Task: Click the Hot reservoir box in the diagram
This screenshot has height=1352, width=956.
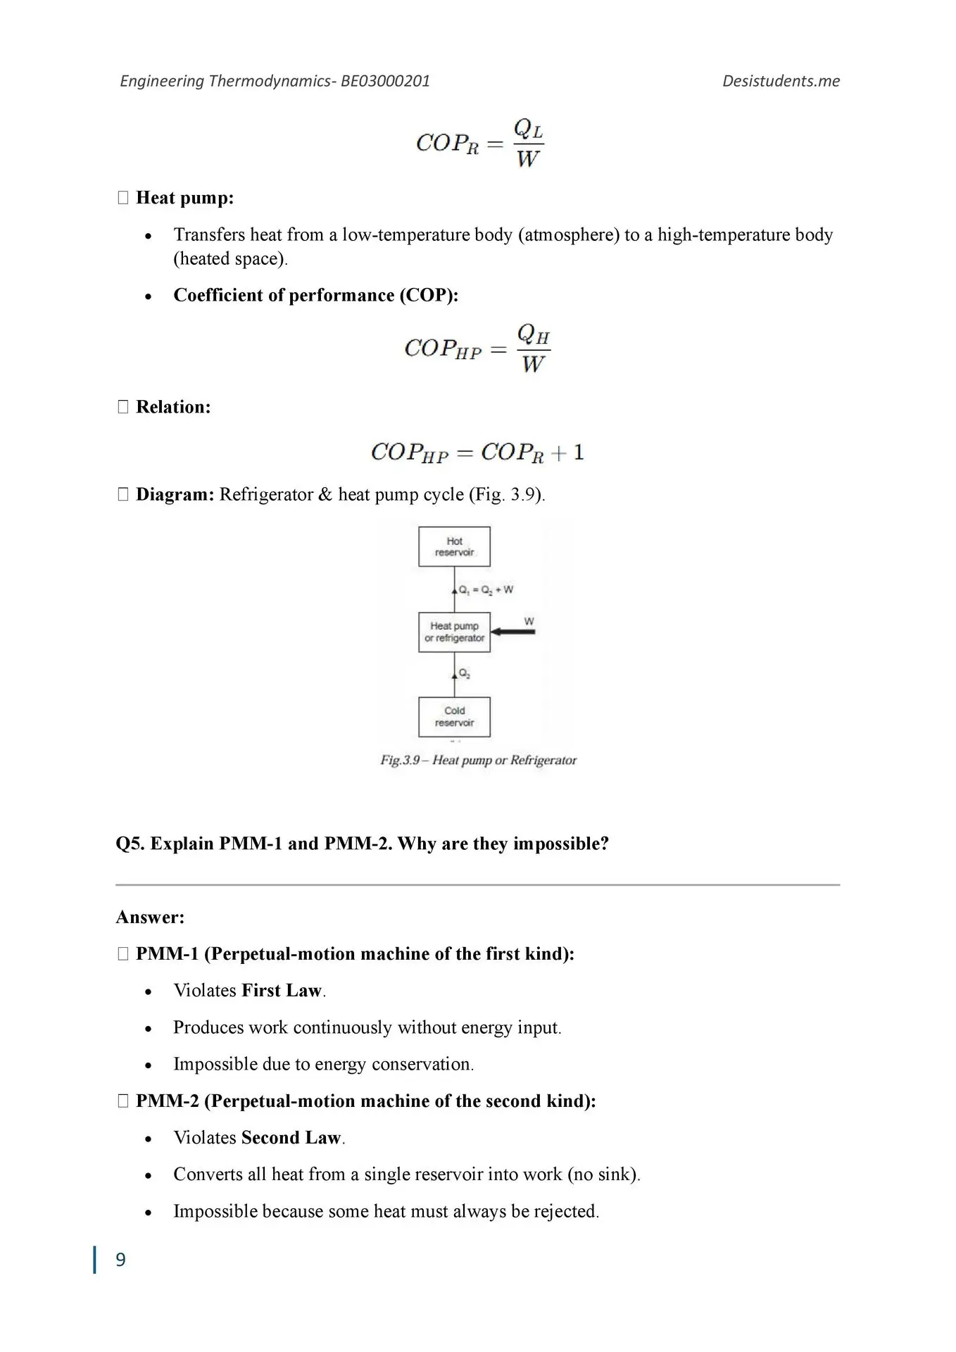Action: coord(454,546)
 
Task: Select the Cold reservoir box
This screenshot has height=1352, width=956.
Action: coord(454,717)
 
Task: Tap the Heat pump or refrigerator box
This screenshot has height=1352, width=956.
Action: coord(454,632)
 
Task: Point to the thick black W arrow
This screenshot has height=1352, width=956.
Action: coord(513,632)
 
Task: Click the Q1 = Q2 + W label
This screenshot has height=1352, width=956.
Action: coord(486,589)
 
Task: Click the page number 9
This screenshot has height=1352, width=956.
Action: coord(120,1260)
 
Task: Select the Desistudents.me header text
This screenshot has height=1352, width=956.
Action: coord(781,81)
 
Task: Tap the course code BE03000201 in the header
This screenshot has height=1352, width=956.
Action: coord(385,81)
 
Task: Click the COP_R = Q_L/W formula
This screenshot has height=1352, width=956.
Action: coord(479,144)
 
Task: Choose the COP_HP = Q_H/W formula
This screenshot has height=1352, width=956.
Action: coord(477,349)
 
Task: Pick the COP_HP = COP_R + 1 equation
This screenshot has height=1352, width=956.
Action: coord(477,452)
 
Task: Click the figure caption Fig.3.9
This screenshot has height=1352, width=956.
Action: coord(478,760)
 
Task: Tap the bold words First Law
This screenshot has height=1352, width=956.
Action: coord(282,991)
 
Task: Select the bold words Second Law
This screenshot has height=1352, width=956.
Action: coord(291,1138)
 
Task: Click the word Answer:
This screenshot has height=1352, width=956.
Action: coord(150,918)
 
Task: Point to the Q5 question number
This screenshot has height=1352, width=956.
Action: coord(130,844)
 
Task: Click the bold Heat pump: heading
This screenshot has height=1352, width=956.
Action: coord(184,198)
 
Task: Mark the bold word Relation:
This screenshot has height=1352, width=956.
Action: coord(173,407)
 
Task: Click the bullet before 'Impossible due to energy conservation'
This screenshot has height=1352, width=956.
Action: coord(148,1065)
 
